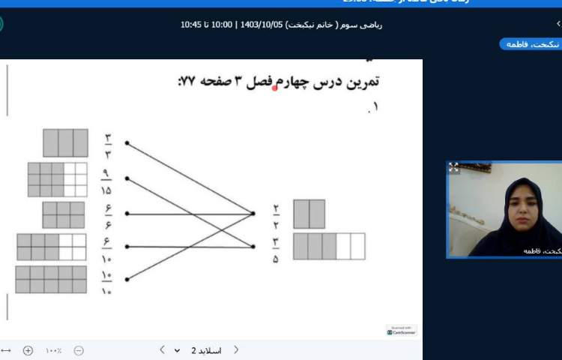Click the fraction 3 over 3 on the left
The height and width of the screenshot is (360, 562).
click(108, 142)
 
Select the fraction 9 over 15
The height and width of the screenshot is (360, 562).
click(106, 179)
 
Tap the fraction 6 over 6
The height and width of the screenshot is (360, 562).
click(107, 214)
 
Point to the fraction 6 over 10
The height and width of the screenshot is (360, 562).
click(107, 247)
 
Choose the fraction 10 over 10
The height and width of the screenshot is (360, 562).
click(106, 280)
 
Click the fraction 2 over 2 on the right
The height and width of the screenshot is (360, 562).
click(276, 214)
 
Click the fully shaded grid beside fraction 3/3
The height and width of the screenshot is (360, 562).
click(66, 142)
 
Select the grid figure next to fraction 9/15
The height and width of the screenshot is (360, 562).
click(57, 179)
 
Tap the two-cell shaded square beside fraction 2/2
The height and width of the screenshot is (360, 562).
click(309, 214)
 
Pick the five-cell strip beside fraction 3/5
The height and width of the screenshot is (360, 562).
click(329, 247)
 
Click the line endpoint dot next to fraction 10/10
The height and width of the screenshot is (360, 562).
click(127, 280)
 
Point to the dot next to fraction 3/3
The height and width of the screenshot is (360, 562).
click(127, 142)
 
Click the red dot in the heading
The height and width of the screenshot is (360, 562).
click(274, 88)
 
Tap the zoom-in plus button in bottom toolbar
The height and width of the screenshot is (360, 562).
click(28, 350)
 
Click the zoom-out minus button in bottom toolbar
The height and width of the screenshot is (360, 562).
click(79, 350)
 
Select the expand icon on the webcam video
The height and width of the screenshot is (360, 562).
click(453, 167)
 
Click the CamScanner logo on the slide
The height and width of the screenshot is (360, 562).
click(401, 331)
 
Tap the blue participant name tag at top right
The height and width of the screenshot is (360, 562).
click(530, 44)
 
